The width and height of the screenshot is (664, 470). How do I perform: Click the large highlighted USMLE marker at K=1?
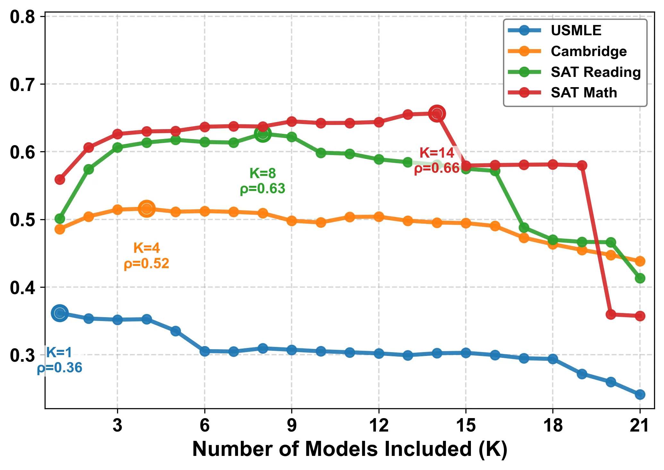(x=60, y=313)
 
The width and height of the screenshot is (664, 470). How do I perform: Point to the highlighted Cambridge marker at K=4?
(x=147, y=209)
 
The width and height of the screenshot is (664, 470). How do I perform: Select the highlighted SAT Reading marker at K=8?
(x=263, y=134)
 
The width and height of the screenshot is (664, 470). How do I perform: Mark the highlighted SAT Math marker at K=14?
(x=437, y=113)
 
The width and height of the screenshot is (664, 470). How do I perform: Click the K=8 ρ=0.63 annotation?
(x=263, y=181)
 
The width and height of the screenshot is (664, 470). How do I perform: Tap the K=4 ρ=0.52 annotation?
(x=147, y=256)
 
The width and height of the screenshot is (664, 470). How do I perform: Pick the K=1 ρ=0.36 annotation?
(x=60, y=360)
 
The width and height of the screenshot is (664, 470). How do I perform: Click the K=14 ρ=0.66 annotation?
(x=437, y=161)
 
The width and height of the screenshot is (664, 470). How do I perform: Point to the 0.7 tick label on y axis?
(x=22, y=85)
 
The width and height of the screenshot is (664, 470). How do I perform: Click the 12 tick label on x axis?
(x=379, y=426)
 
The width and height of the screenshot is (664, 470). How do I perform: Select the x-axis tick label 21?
(x=640, y=426)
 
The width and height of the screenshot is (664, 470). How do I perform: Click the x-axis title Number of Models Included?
(x=350, y=449)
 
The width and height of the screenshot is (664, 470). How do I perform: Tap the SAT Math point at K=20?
(x=611, y=314)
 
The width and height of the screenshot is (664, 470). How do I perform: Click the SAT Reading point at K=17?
(x=524, y=228)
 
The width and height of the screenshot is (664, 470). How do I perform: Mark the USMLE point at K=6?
(x=205, y=351)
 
